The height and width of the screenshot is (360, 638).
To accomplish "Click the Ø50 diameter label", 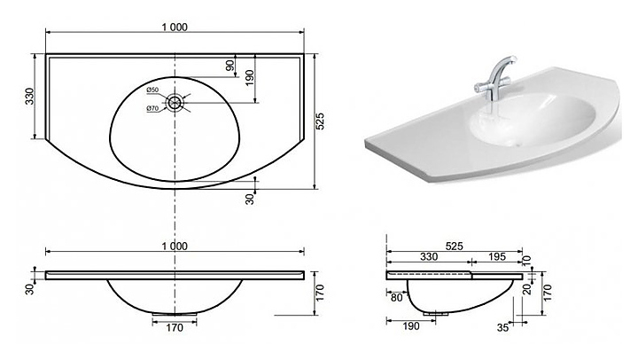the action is [152, 90].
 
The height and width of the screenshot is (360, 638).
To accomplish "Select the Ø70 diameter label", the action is [152, 108].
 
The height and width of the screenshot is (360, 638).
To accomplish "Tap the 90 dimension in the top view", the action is [230, 65].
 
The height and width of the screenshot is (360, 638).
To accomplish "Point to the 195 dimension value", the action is [497, 256].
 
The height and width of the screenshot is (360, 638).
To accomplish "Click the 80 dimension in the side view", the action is [396, 298].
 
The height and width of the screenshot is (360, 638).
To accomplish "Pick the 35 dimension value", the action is [503, 327].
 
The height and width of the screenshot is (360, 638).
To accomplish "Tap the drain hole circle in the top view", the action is [175, 102].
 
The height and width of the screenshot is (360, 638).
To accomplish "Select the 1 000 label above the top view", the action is [175, 27].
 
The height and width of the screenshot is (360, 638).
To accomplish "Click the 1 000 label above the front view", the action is [175, 247].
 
